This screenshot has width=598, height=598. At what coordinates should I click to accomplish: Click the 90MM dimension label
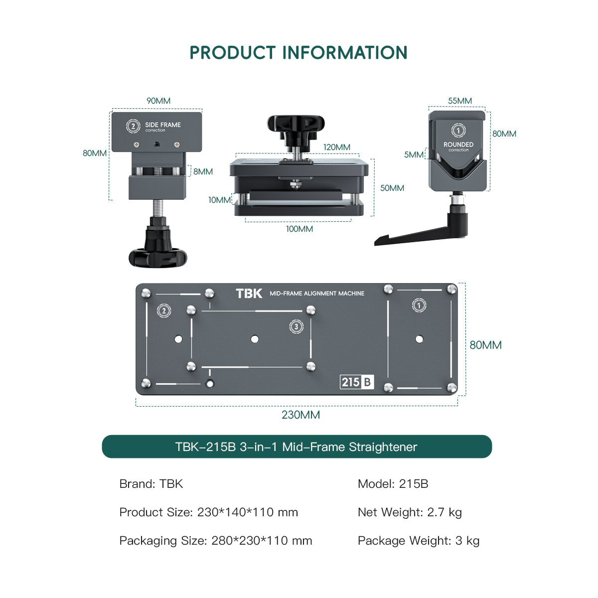(x=158, y=101)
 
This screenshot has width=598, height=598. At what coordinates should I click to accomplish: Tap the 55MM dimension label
(x=459, y=101)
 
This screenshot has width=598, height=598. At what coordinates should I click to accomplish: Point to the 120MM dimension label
(x=337, y=147)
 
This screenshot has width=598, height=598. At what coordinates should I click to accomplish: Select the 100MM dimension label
(x=299, y=229)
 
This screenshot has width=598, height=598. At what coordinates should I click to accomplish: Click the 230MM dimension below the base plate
(x=300, y=415)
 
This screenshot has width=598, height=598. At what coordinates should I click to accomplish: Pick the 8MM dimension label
(x=203, y=171)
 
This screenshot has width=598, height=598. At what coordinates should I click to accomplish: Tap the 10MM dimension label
(x=219, y=200)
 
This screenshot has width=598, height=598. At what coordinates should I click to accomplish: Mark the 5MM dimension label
(x=414, y=154)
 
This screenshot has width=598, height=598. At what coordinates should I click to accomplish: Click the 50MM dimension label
(x=392, y=188)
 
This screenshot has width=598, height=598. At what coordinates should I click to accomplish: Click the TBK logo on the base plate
(x=249, y=294)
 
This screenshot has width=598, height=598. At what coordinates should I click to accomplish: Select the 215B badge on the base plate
(x=357, y=382)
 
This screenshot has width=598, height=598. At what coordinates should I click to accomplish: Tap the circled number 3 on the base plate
(x=296, y=326)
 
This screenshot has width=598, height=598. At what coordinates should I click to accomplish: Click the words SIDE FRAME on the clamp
(x=163, y=125)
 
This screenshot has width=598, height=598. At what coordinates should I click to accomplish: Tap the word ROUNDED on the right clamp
(x=458, y=145)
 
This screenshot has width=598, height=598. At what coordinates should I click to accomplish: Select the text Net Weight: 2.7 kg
(x=410, y=512)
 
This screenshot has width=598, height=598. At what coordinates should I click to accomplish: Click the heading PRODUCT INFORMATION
(x=298, y=53)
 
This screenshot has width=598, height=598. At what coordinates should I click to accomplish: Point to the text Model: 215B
(x=393, y=484)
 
